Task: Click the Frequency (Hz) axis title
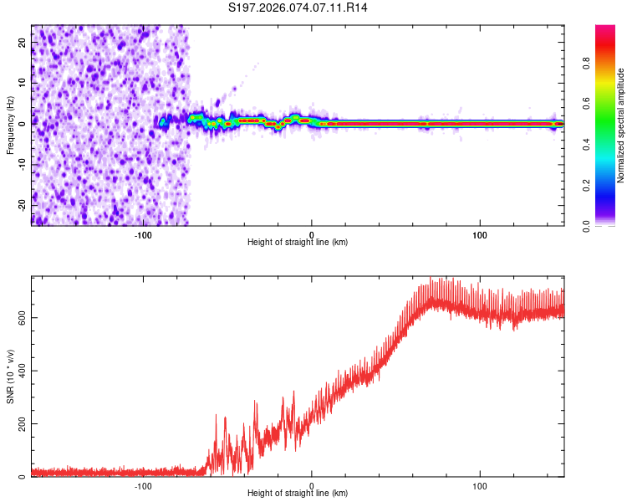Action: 11,125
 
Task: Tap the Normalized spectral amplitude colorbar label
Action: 620,125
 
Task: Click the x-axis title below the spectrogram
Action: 298,243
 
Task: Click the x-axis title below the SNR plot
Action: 298,494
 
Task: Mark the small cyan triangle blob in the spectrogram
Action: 164,123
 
